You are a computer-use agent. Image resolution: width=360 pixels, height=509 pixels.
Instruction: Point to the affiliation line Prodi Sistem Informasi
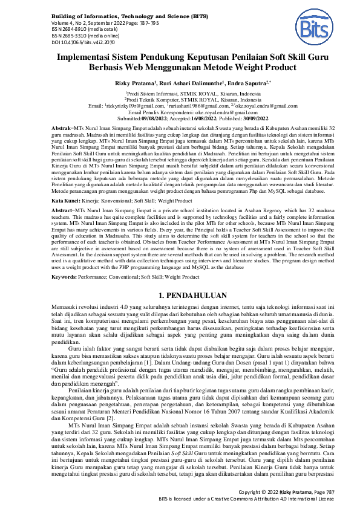pyautogui.click(x=180, y=93)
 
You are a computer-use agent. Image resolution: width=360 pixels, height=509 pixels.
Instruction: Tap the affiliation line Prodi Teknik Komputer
pyautogui.click(x=180, y=99)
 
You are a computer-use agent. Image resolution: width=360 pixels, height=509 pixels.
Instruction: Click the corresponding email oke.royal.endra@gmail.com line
pyautogui.click(x=180, y=112)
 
